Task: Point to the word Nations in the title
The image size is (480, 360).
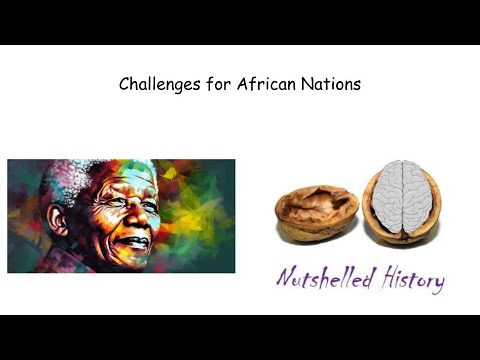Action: (334, 85)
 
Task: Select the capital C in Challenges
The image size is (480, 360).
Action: (124, 85)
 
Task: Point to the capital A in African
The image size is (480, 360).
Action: (243, 85)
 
